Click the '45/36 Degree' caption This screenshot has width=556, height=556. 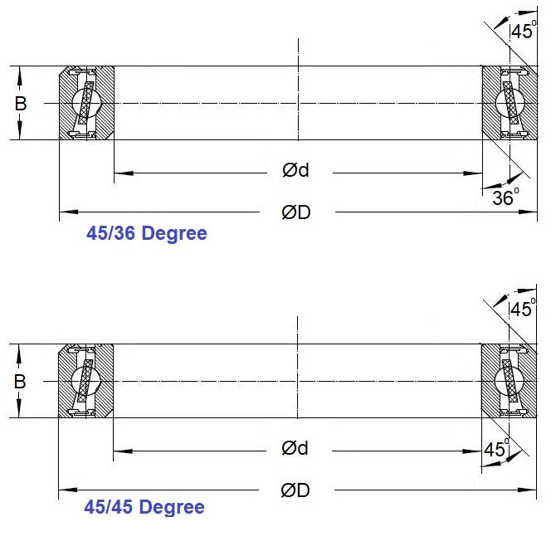click(147, 234)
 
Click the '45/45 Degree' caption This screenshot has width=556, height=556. click(144, 506)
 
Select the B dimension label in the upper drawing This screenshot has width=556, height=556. click(20, 104)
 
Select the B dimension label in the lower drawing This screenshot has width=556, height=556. click(20, 382)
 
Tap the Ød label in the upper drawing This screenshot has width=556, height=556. click(295, 171)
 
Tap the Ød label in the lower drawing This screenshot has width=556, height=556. click(295, 449)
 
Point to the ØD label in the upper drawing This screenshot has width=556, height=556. click(295, 212)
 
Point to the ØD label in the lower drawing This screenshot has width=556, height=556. click(295, 490)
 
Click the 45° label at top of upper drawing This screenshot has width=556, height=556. click(523, 32)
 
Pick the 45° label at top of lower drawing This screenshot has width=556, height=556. click(523, 310)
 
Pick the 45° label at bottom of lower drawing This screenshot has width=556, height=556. click(496, 450)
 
